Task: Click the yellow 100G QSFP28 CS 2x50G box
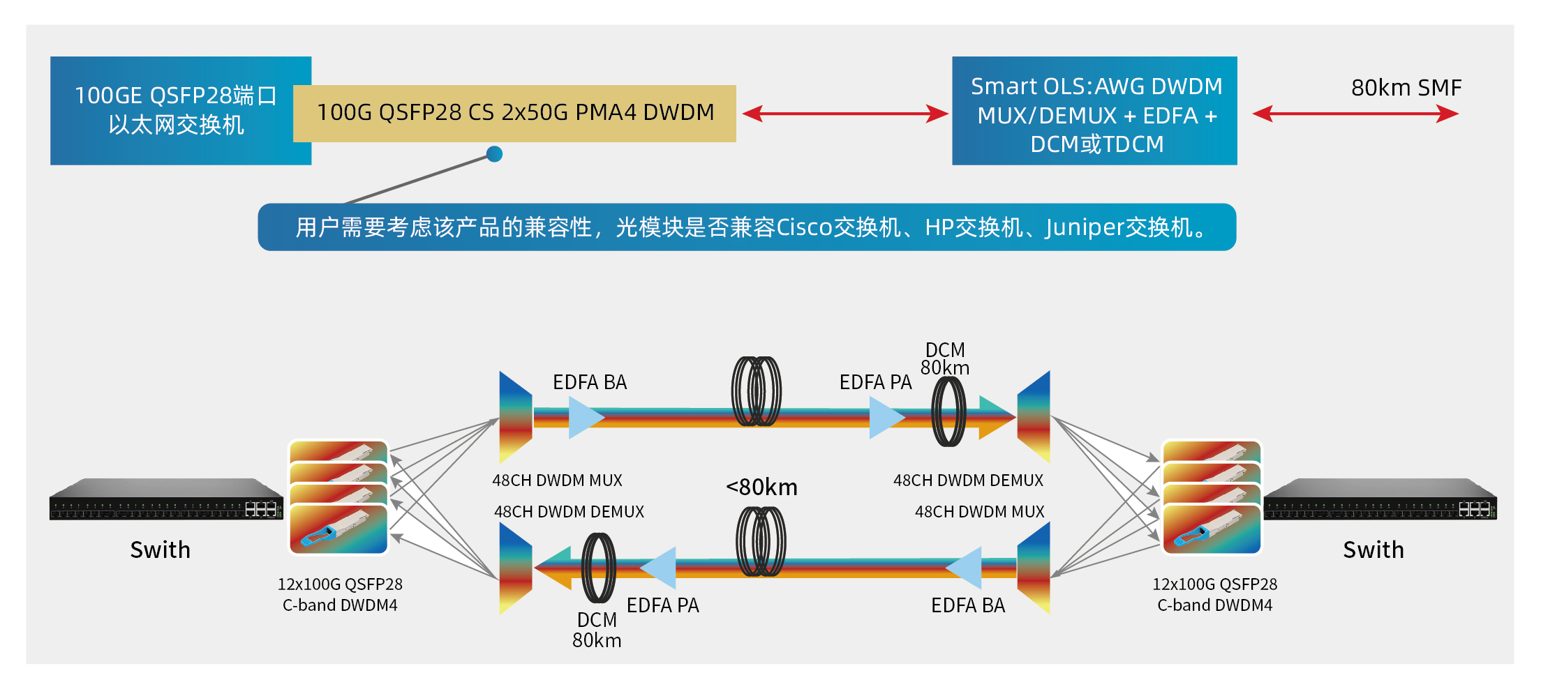click(514, 113)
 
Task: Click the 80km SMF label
click(1406, 88)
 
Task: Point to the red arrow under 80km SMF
click(1355, 114)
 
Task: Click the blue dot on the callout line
click(494, 154)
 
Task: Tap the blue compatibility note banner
click(747, 227)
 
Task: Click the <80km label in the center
click(761, 487)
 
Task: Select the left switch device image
click(166, 499)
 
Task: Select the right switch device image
click(1379, 499)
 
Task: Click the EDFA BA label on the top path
click(590, 382)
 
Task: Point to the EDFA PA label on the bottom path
click(662, 605)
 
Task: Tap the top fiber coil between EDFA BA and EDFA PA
click(756, 392)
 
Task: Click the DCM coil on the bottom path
click(598, 567)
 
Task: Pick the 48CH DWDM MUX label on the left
click(557, 480)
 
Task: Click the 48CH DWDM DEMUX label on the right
click(968, 480)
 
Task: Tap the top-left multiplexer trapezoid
click(516, 417)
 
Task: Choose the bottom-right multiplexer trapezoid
click(1034, 568)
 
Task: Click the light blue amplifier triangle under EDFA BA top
click(585, 418)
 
